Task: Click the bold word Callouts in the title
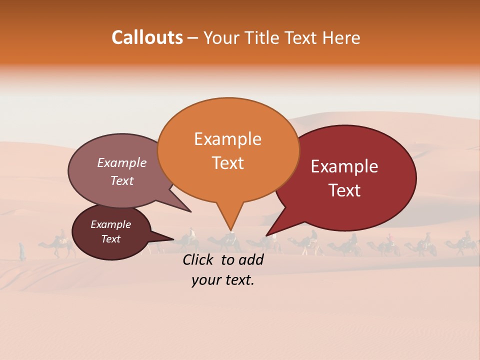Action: click(x=147, y=37)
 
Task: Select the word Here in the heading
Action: click(x=340, y=37)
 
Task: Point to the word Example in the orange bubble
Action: click(x=227, y=139)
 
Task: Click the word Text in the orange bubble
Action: click(x=227, y=163)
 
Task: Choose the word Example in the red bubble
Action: click(x=344, y=166)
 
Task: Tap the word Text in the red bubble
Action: click(x=344, y=190)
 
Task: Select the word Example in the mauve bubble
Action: click(x=122, y=163)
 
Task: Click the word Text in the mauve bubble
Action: click(x=122, y=181)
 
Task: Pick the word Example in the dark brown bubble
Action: click(x=110, y=224)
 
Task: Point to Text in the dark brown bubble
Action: click(x=110, y=239)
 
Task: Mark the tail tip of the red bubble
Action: click(x=266, y=235)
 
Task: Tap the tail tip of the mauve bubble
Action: click(x=191, y=212)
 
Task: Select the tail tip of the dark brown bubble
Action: click(x=174, y=239)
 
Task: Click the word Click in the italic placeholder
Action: click(x=198, y=259)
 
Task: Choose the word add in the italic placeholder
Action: click(x=251, y=259)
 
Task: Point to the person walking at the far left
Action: click(x=22, y=251)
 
